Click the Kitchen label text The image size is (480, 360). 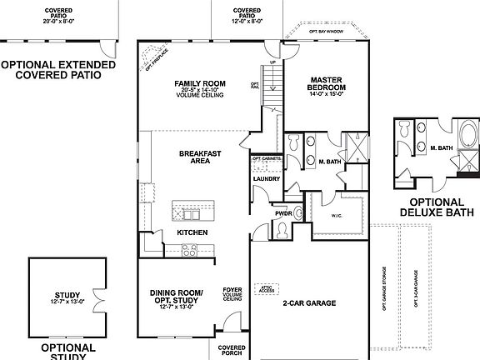(192, 232)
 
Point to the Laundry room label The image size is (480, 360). (265, 178)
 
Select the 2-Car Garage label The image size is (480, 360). (308, 302)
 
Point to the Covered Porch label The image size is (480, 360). (231, 351)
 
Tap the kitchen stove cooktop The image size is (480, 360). (188, 248)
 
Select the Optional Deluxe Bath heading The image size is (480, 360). (432, 207)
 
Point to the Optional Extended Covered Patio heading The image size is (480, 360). (52, 69)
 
